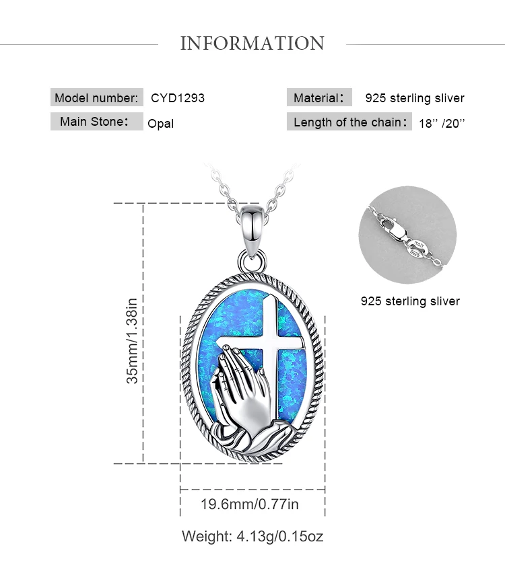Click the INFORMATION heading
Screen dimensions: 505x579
click(252, 44)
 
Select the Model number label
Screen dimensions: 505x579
click(97, 98)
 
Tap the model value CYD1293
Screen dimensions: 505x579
click(178, 98)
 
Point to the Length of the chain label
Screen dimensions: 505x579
click(349, 122)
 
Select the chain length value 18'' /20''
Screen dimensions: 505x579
click(442, 123)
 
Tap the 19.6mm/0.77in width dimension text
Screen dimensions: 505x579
click(250, 504)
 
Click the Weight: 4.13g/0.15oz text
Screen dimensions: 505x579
click(252, 537)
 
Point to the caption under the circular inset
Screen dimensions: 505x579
click(410, 301)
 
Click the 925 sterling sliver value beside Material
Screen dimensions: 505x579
click(415, 98)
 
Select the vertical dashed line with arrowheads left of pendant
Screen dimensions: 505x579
click(143, 333)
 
